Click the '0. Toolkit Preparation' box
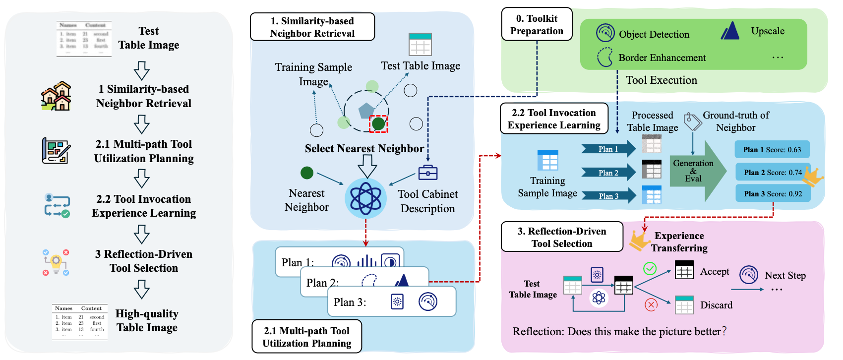[537, 24]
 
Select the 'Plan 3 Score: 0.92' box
[773, 194]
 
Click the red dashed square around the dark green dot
[378, 123]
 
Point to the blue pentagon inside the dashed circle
[366, 110]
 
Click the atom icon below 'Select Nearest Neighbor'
[365, 198]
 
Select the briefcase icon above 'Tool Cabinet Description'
[427, 173]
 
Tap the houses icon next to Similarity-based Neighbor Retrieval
[56, 96]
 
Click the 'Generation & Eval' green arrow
[694, 171]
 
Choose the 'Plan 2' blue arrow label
[608, 173]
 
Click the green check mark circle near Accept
[650, 269]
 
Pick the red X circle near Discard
[651, 304]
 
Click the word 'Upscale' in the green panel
[768, 31]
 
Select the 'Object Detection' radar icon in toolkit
[605, 33]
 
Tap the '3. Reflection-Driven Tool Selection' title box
[562, 237]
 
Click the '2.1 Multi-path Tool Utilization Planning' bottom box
[306, 337]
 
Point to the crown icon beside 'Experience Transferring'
[640, 240]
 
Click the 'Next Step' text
[785, 275]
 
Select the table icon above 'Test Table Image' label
[420, 45]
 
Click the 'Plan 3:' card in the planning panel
[391, 301]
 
